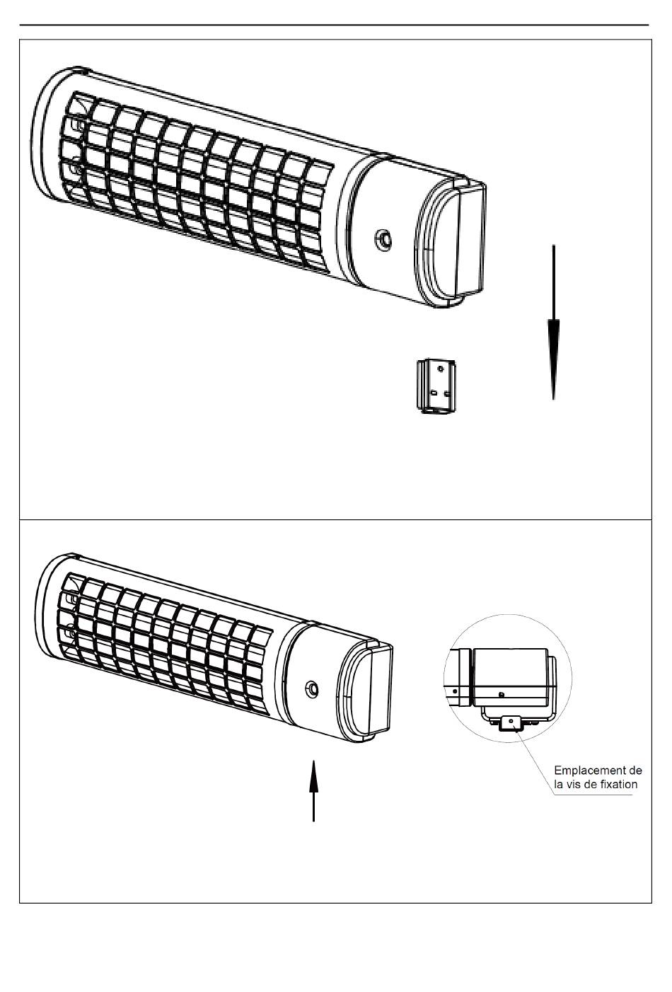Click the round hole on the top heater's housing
[383, 238]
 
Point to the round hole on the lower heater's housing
[311, 688]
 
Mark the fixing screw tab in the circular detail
[511, 722]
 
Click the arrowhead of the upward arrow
[313, 772]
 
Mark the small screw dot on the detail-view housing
[501, 694]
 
